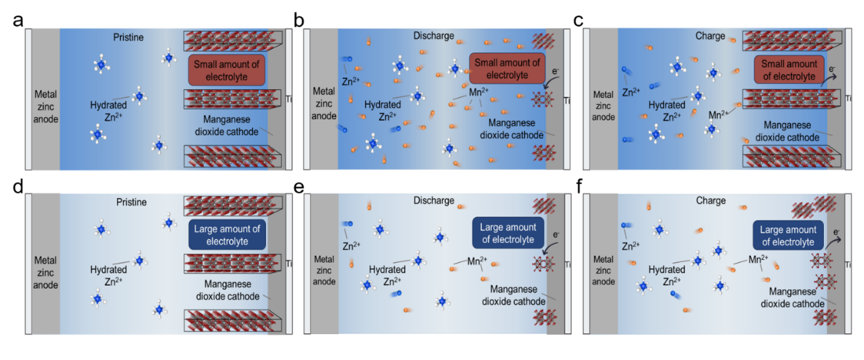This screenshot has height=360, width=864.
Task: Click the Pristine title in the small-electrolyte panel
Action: tap(129, 37)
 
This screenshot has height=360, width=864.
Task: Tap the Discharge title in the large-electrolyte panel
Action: tap(433, 201)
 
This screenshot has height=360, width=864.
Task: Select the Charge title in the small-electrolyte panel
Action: tap(710, 36)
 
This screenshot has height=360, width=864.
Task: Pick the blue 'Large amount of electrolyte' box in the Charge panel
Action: tap(788, 235)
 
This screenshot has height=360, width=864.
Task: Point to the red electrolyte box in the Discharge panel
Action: tap(507, 69)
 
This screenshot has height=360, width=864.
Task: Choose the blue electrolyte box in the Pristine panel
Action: tap(227, 235)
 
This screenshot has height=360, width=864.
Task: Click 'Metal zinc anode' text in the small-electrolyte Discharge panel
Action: tap(324, 103)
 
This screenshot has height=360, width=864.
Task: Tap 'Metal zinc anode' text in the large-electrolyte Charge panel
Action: tap(603, 271)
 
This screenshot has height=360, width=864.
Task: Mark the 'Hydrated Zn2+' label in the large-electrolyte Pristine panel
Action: tap(109, 276)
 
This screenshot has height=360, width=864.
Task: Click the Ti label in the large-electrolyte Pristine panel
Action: tap(288, 263)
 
